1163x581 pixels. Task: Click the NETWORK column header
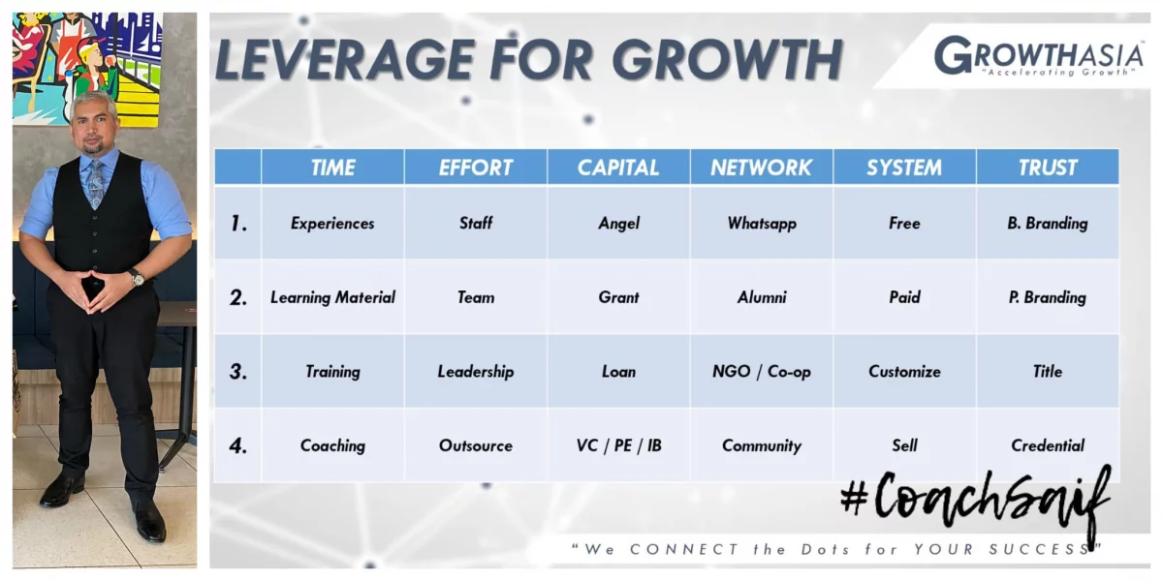(761, 167)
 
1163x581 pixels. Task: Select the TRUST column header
(1048, 167)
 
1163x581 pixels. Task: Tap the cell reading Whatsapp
(762, 223)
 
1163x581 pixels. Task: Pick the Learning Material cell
(332, 297)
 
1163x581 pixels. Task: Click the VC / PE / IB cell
(619, 445)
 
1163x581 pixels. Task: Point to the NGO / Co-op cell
(762, 372)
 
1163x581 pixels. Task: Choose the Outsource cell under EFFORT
(476, 445)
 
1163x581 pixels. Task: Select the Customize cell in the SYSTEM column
(904, 372)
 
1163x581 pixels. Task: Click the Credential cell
(1048, 445)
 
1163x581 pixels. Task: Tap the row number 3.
(238, 372)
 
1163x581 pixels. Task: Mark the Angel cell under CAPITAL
(619, 224)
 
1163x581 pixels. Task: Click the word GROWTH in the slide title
(727, 59)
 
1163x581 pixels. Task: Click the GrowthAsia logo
(1038, 56)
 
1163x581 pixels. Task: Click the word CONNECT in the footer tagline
(684, 549)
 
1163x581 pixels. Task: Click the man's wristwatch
(137, 278)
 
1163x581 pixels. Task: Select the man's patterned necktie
(96, 184)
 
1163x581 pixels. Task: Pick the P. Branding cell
(1048, 297)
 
